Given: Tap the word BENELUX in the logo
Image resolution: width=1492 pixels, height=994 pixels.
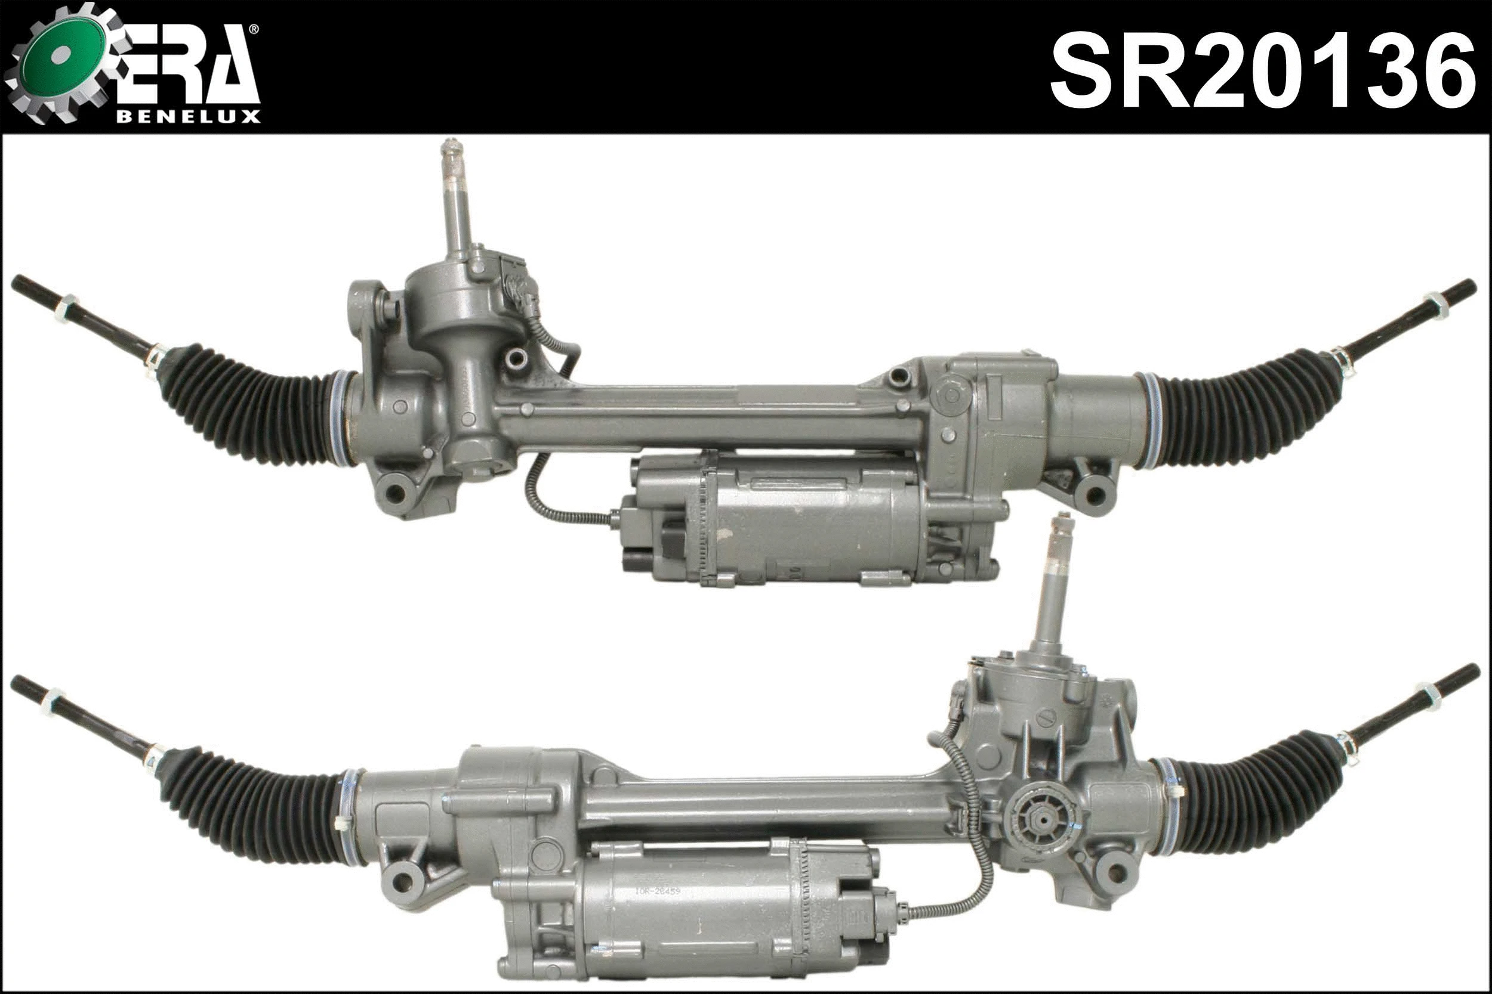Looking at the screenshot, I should [189, 117].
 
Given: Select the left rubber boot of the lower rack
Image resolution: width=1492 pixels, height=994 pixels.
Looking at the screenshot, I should [254, 802].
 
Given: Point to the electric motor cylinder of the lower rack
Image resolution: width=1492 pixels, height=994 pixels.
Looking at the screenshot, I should [698, 913].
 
